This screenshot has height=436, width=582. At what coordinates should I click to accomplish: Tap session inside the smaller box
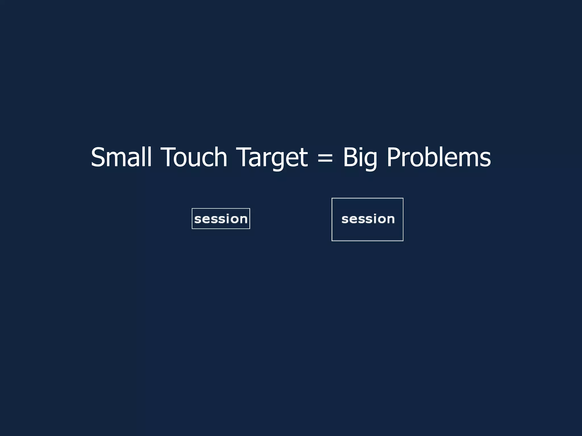click(x=221, y=219)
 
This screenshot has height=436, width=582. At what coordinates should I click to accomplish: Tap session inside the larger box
click(x=368, y=219)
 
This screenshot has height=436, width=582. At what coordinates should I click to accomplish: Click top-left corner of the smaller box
click(x=192, y=209)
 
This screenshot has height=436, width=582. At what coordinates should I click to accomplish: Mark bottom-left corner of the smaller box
click(x=192, y=229)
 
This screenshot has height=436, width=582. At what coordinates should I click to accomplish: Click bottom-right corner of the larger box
click(x=403, y=241)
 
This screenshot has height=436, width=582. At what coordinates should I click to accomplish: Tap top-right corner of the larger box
click(x=403, y=198)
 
